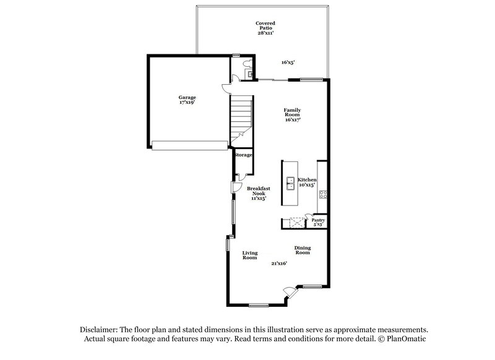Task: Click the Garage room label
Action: point(187,100)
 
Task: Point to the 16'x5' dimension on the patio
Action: point(288,62)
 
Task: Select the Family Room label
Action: point(292,115)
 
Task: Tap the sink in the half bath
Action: point(251,74)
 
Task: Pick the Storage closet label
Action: point(243,155)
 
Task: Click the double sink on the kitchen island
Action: point(290,183)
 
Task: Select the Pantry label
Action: point(318,221)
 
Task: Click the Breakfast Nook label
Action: point(258,193)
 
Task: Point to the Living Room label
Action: point(249,255)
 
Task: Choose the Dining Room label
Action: point(303,250)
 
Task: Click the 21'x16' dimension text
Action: point(279,263)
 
